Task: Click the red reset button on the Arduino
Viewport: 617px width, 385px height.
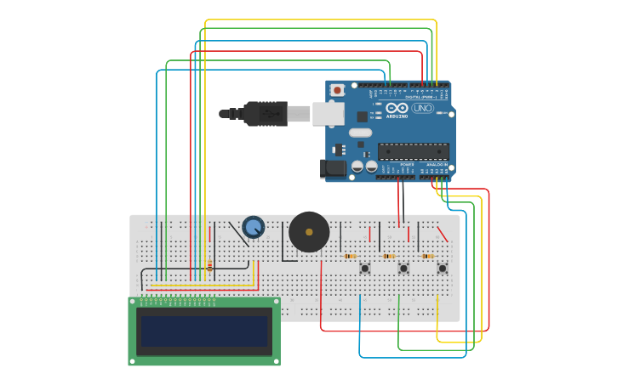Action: tap(337, 89)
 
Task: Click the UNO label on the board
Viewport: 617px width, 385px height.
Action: tap(422, 108)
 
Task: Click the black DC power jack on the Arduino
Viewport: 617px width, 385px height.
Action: tap(333, 168)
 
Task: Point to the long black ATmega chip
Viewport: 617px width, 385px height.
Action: tap(414, 151)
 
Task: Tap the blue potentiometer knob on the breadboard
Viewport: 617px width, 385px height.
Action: tap(253, 227)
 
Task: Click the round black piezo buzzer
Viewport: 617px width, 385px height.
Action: tap(309, 232)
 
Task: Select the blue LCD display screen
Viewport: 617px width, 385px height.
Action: tap(204, 331)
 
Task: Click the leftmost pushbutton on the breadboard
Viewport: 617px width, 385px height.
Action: tap(364, 269)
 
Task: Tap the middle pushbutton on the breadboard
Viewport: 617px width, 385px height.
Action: tap(403, 269)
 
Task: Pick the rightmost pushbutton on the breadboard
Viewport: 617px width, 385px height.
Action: tap(442, 269)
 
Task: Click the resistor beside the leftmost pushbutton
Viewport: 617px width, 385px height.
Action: tap(350, 256)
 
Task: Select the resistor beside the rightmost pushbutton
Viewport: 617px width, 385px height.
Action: tap(427, 256)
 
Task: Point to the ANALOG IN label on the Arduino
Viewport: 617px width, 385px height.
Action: tap(437, 164)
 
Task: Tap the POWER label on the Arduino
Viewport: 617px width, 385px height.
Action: tap(395, 164)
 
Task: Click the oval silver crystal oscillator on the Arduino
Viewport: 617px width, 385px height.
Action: tap(360, 133)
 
